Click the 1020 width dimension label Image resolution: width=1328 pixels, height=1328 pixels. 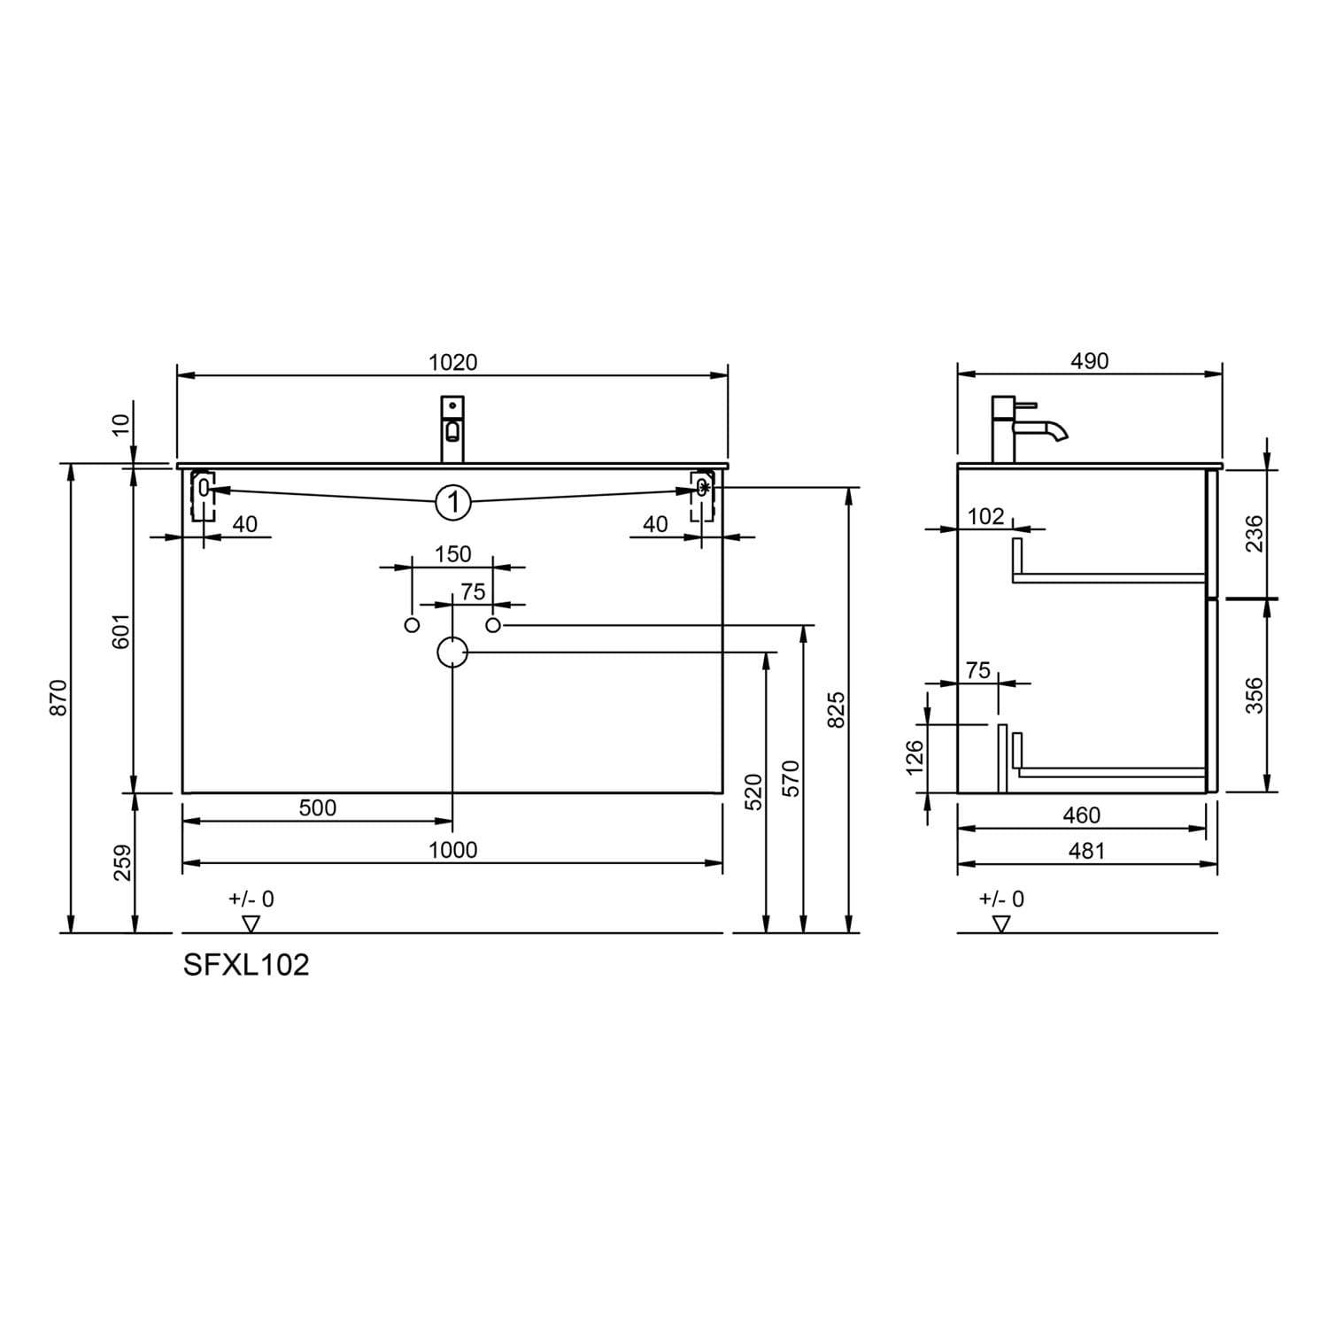tap(452, 362)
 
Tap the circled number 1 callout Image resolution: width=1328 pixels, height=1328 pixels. tap(453, 503)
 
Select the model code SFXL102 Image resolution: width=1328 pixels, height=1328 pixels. tap(246, 965)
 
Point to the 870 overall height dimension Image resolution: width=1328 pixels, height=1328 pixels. tap(58, 698)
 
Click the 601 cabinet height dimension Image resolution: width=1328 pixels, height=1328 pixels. tap(121, 630)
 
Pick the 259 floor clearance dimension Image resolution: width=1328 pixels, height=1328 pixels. tap(122, 863)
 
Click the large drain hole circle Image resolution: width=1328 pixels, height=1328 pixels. tap(452, 652)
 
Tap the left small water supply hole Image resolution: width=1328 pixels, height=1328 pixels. tap(412, 626)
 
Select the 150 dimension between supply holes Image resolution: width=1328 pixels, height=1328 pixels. tap(453, 554)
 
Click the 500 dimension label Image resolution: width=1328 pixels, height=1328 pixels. tap(317, 807)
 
